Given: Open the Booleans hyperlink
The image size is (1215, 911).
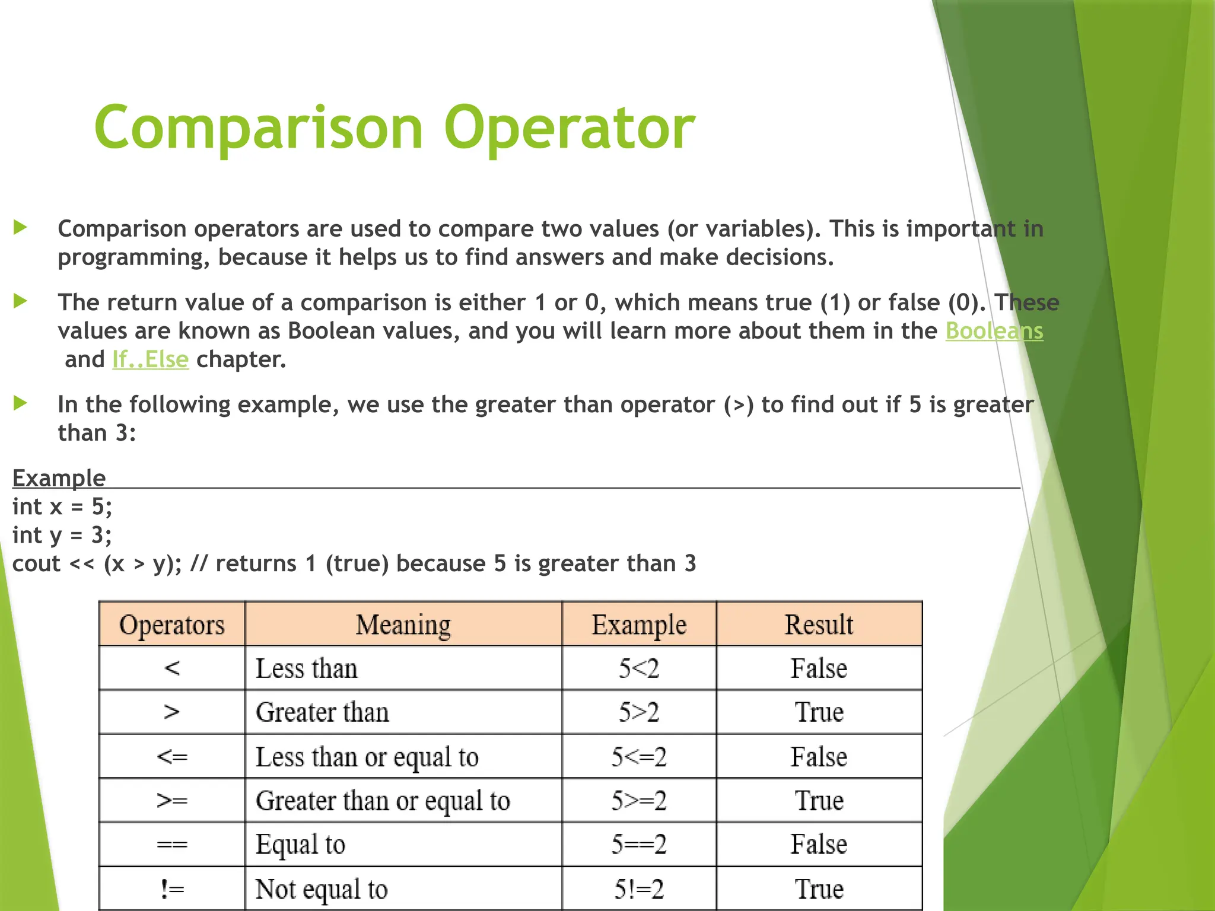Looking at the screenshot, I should [x=994, y=331].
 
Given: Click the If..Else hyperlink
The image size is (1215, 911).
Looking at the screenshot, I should [x=150, y=359].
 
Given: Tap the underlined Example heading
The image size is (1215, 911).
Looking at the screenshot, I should [x=59, y=478].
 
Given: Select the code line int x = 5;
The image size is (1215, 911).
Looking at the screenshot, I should [x=62, y=507].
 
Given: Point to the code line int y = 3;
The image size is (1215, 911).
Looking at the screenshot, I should [x=62, y=535].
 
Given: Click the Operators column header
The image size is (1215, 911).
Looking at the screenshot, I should [x=171, y=625].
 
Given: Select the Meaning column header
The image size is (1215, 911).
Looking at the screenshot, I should [x=403, y=625].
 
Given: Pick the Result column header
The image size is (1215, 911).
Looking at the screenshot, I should [x=819, y=625].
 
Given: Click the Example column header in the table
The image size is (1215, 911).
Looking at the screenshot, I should [x=638, y=625].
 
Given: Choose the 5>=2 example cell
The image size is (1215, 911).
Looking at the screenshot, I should [x=638, y=801].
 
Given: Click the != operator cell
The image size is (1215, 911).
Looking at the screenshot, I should [x=171, y=888].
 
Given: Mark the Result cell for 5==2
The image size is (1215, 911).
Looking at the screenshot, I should [x=819, y=844].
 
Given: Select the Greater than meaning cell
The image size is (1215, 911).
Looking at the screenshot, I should [x=322, y=712].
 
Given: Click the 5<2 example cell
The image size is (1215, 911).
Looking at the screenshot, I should [x=638, y=668].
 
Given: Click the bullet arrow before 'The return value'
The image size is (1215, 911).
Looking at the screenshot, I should [x=21, y=301].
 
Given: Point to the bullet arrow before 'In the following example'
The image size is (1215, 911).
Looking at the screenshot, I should [x=21, y=403].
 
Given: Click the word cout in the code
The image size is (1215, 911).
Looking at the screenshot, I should [x=36, y=563].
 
